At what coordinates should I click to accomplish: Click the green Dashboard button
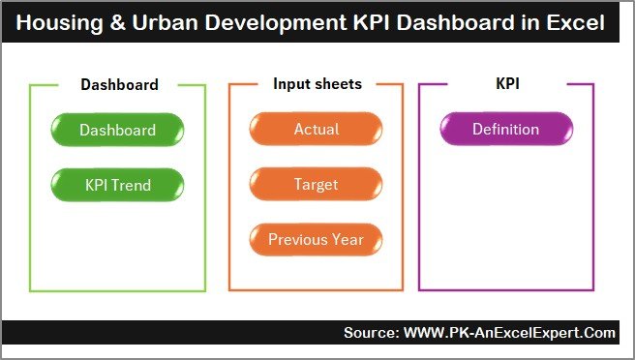click(117, 130)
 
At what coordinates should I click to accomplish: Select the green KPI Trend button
click(117, 184)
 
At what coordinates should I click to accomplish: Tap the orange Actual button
click(317, 130)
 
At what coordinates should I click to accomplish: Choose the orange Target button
click(317, 184)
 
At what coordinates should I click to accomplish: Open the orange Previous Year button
click(317, 239)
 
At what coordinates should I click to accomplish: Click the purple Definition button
click(506, 130)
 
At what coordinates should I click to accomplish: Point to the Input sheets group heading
click(317, 84)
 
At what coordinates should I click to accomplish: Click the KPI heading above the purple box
click(506, 84)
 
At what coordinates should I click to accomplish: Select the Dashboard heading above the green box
click(119, 84)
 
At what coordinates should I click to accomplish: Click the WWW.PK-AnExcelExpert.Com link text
click(508, 333)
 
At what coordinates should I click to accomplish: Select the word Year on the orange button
click(347, 239)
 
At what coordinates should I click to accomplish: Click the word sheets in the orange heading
click(339, 84)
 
